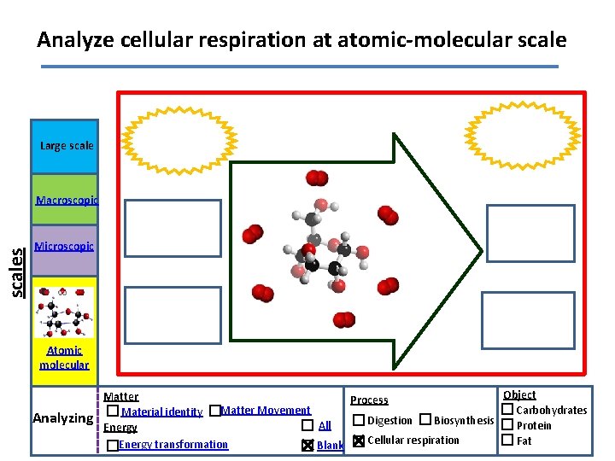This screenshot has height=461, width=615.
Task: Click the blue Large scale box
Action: (x=65, y=146)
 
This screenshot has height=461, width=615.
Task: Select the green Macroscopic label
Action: (x=66, y=201)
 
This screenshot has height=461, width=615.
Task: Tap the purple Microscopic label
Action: (x=64, y=247)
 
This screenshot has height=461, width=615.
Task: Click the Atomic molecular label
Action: (x=64, y=358)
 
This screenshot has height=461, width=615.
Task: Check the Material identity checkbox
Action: (x=114, y=411)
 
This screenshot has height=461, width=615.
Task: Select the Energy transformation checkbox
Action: (x=113, y=446)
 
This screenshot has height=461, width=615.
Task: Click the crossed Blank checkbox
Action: (x=307, y=446)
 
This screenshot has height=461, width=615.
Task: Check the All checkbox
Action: (x=307, y=425)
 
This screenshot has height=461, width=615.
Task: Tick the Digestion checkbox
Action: (x=358, y=420)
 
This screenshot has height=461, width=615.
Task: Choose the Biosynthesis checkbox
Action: (x=425, y=419)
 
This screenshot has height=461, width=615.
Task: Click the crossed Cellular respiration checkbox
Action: (x=358, y=441)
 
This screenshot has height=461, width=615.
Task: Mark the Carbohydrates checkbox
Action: (x=507, y=410)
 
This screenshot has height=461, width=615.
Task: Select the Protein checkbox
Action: (x=507, y=425)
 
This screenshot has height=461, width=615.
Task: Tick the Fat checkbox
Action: (x=507, y=441)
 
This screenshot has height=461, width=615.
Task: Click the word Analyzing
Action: (x=62, y=418)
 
